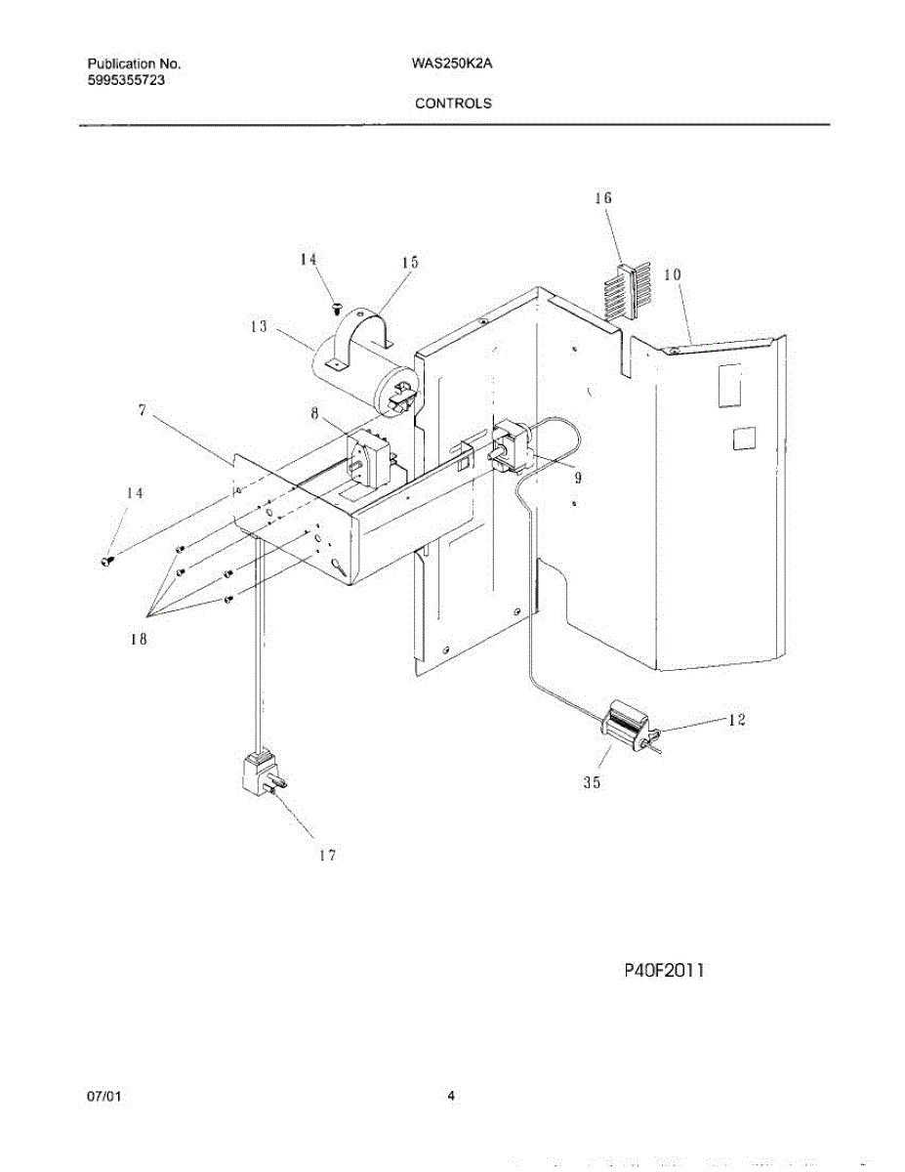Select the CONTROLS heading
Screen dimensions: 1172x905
point(453,103)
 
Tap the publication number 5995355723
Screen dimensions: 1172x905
point(125,81)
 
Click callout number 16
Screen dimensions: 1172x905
point(603,198)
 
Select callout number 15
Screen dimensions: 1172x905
point(409,263)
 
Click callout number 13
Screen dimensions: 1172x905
point(259,327)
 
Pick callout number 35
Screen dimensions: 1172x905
point(592,782)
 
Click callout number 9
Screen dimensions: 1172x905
point(578,478)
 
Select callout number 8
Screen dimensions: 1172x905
point(314,413)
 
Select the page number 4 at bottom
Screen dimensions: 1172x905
point(451,1096)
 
